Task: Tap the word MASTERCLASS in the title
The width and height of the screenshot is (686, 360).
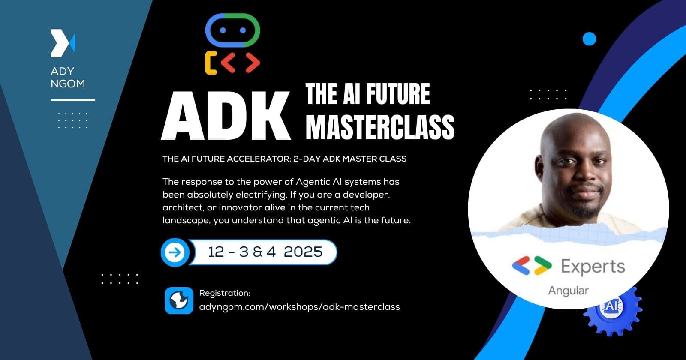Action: click(x=380, y=127)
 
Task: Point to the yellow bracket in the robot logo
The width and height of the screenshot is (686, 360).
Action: click(x=211, y=63)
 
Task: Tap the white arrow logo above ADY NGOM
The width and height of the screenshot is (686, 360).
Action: click(x=63, y=43)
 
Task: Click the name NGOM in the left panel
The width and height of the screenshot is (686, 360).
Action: click(x=68, y=84)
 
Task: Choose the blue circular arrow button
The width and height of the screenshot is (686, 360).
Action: click(x=175, y=252)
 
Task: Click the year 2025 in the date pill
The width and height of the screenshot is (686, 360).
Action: click(x=303, y=252)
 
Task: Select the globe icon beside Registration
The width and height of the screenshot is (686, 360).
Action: click(x=179, y=301)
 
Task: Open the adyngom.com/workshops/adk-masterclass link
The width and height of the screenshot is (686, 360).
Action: click(x=299, y=307)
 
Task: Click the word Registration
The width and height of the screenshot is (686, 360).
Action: click(x=224, y=293)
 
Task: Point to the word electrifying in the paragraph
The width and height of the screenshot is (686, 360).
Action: click(x=260, y=195)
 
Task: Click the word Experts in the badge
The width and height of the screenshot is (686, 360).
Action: click(x=593, y=267)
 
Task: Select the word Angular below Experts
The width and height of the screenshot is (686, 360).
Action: click(x=568, y=291)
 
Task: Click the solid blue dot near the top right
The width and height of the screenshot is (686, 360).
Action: click(x=590, y=39)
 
